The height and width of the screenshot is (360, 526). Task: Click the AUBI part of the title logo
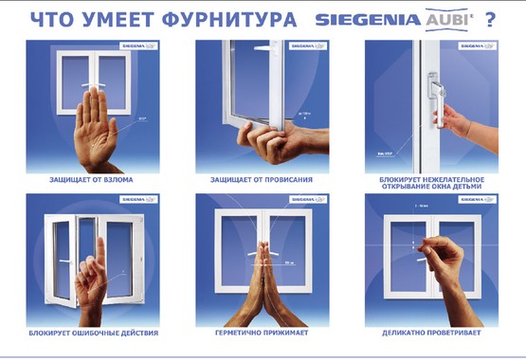[445, 18]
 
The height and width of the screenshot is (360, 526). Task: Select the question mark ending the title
[490, 18]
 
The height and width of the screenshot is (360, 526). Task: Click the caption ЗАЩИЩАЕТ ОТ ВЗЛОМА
[92, 178]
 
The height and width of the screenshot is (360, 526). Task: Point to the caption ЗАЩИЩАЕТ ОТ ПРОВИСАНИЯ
[263, 178]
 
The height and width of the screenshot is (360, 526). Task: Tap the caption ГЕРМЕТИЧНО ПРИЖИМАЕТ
[263, 333]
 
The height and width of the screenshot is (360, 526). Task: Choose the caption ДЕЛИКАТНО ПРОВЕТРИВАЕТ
[433, 333]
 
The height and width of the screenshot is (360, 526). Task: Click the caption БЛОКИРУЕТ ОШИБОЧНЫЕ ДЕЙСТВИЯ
[92, 333]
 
